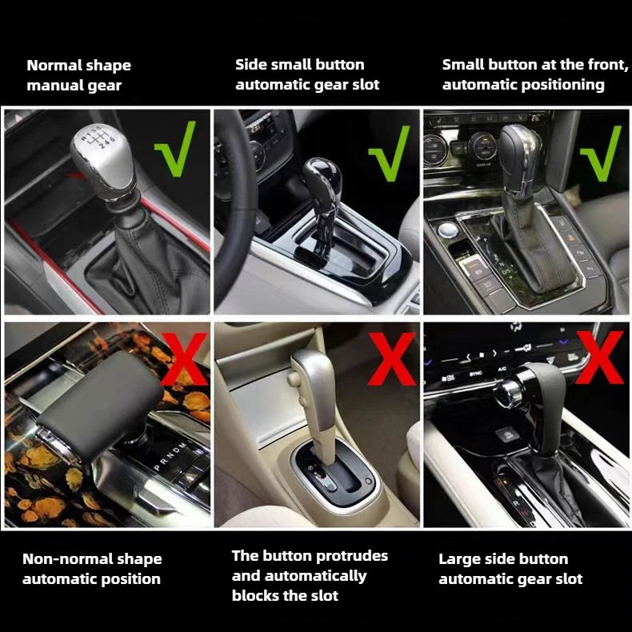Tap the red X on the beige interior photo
[x=392, y=358]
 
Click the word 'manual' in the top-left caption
[x=50, y=86]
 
